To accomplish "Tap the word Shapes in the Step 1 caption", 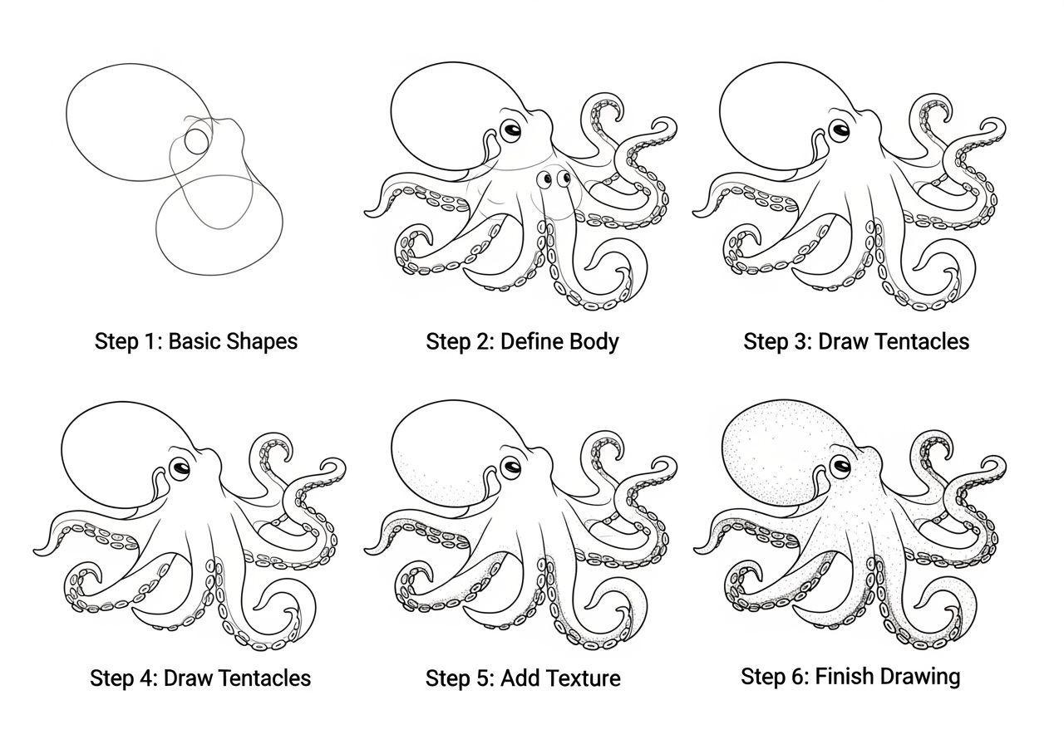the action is click(262, 342).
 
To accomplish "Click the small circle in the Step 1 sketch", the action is click(196, 141).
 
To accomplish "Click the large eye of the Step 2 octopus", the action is click(510, 130).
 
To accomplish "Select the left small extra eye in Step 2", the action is click(544, 179).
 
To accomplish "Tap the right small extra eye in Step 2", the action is click(564, 178).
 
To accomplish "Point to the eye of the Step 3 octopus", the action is click(840, 130).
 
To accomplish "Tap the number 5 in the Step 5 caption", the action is click(483, 678).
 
